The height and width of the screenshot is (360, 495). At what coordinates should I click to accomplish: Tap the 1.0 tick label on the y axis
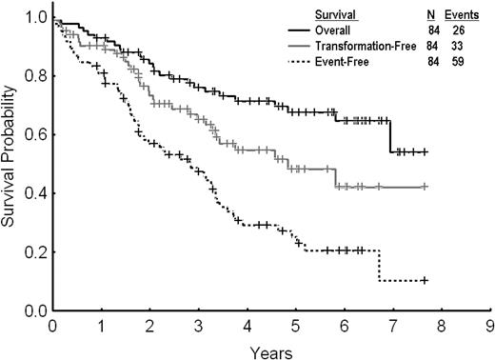pyautogui.click(x=35, y=17)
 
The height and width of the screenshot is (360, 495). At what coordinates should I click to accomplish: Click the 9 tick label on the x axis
pyautogui.click(x=489, y=324)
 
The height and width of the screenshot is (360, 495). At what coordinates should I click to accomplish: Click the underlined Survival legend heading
pyautogui.click(x=338, y=14)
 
